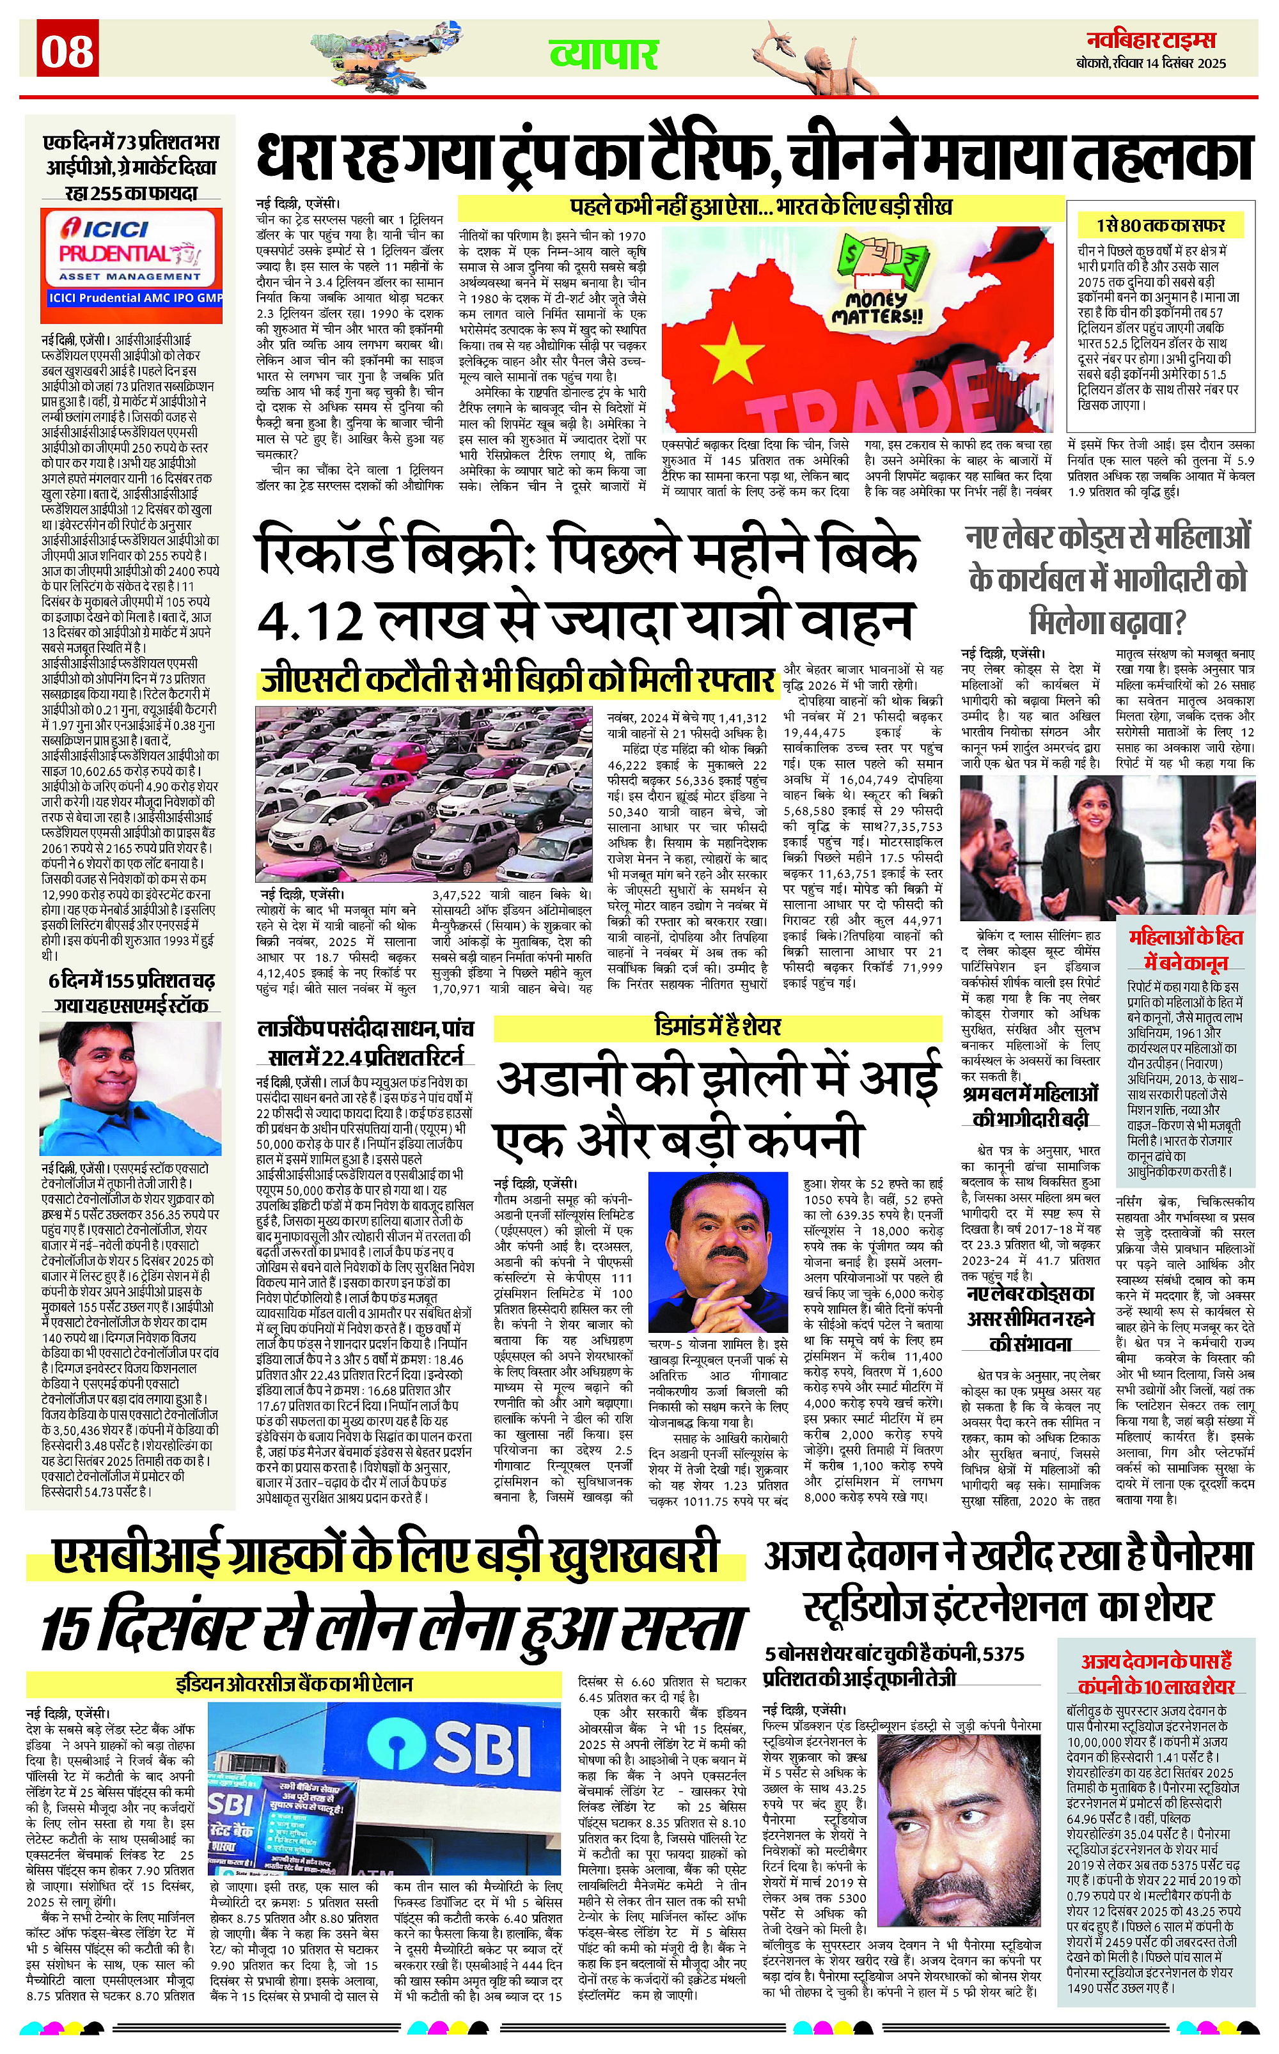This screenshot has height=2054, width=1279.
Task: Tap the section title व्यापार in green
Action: (x=603, y=55)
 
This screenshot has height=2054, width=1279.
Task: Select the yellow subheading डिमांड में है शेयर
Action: (x=718, y=1027)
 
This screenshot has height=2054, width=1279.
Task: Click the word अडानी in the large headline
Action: (x=575, y=1080)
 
